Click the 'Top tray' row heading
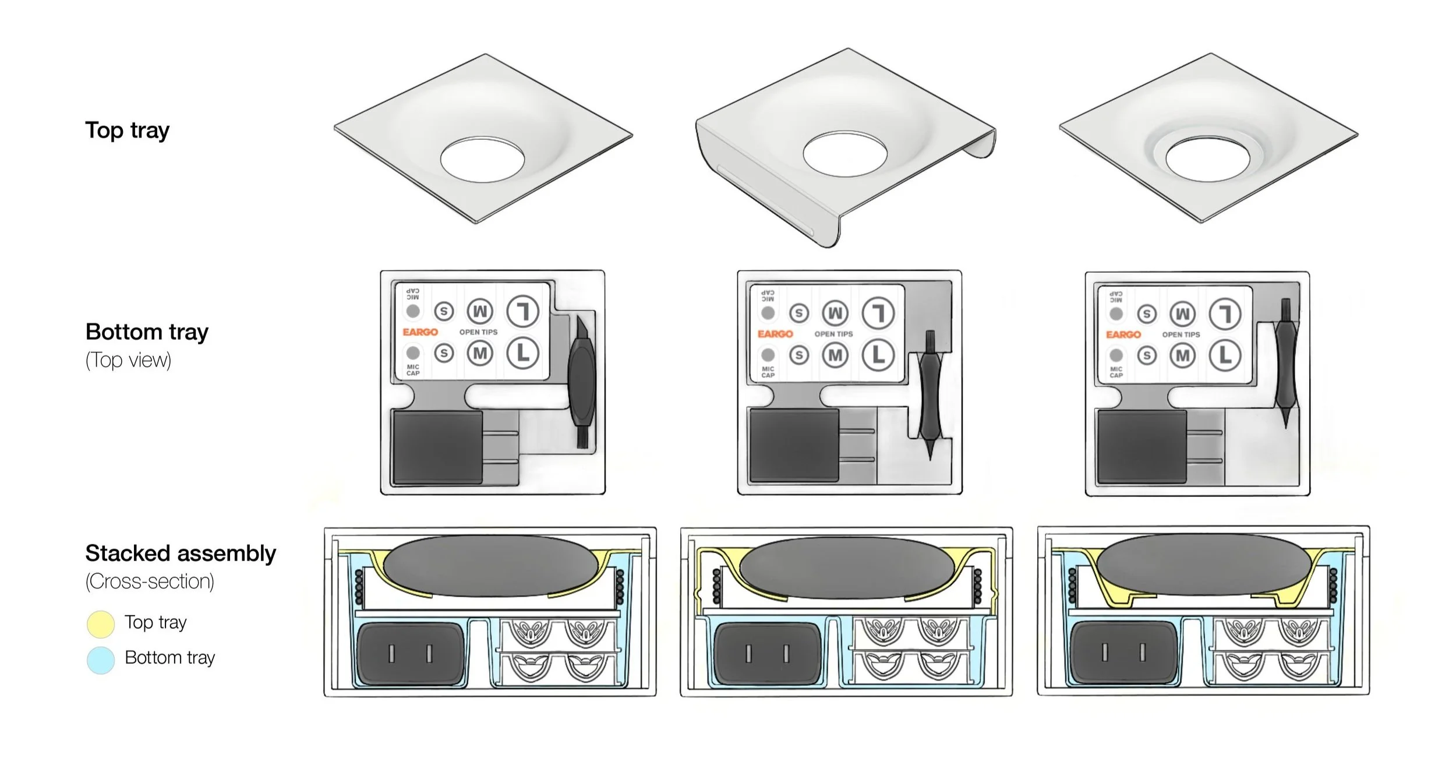127,130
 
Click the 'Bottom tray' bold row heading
147,332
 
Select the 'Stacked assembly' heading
181,553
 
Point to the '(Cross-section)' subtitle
150,581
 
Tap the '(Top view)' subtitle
128,360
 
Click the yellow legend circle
100,624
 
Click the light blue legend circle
100,660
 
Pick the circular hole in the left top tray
482,160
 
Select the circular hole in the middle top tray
844,154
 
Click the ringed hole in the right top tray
1208,159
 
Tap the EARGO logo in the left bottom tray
420,332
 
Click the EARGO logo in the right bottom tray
1123,334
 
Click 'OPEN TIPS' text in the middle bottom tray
833,334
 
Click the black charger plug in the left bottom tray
437,447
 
